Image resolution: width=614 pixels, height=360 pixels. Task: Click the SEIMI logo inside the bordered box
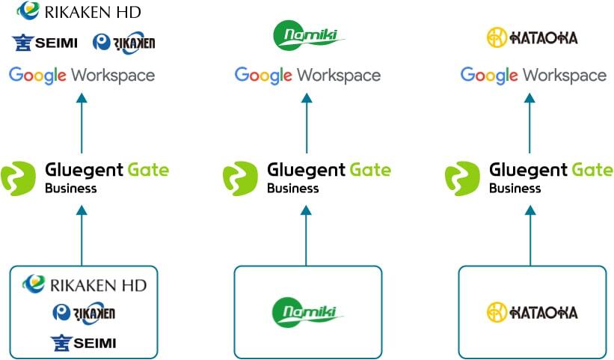click(84, 343)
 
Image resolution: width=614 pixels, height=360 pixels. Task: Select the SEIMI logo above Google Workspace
click(45, 43)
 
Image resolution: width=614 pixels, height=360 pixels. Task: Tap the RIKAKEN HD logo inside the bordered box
click(84, 284)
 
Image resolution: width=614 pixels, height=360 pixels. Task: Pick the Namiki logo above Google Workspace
click(307, 35)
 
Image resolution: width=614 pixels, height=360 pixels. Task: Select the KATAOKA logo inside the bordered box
click(532, 311)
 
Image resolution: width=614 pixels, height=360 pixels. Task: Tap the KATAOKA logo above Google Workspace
click(532, 37)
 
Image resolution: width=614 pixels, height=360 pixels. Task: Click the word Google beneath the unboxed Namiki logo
click(262, 76)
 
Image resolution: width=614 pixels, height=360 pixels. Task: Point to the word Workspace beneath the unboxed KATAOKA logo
click(564, 76)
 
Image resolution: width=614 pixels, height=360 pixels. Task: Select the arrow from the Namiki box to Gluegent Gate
click(307, 235)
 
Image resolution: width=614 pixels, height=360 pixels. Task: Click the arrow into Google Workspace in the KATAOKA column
click(530, 123)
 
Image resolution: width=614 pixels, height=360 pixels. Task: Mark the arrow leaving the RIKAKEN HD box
click(82, 235)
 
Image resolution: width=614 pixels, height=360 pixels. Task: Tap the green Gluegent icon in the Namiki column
click(241, 178)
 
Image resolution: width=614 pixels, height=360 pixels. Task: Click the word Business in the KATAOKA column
click(515, 189)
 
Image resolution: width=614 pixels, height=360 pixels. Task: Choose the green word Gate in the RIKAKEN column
click(150, 170)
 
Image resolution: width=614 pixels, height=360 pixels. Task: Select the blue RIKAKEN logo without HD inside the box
click(84, 313)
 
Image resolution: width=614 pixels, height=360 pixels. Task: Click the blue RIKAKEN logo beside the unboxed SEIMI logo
click(123, 43)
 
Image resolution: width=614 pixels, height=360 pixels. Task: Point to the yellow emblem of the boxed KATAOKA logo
click(497, 311)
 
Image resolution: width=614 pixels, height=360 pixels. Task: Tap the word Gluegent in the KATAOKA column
click(527, 170)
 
